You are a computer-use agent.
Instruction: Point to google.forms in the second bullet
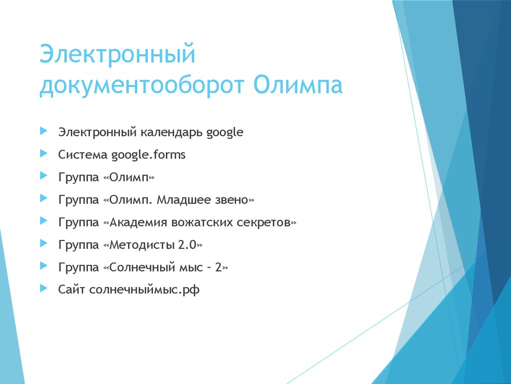coord(148,155)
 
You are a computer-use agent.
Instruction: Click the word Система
coord(83,155)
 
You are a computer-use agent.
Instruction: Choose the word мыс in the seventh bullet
coord(190,268)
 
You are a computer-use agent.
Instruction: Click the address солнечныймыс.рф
coord(144,290)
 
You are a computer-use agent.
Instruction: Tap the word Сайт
coord(71,290)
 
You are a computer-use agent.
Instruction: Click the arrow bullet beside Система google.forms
coord(44,154)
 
